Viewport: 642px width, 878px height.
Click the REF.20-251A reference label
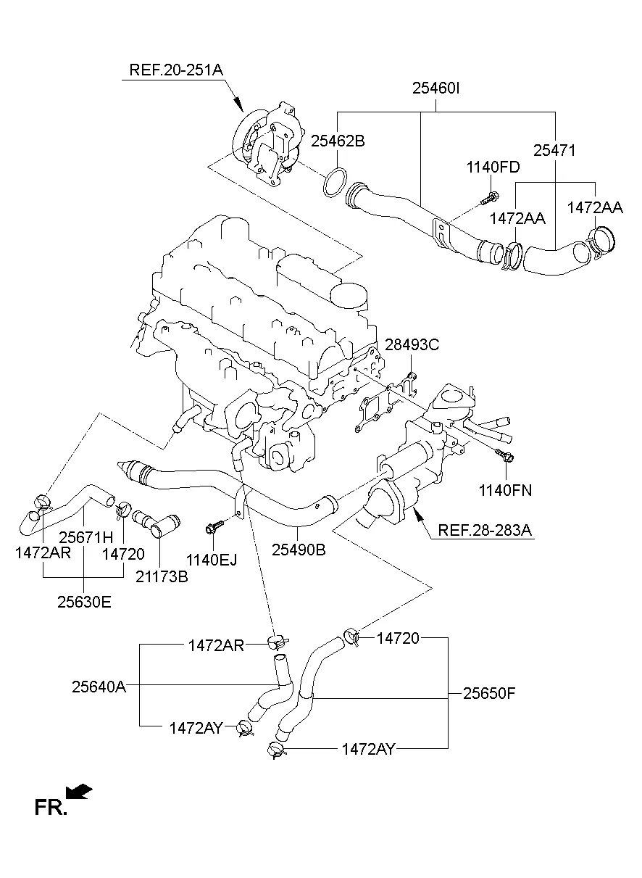pyautogui.click(x=176, y=70)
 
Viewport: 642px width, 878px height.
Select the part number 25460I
pyautogui.click(x=437, y=89)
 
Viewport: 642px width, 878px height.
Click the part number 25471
pyautogui.click(x=554, y=151)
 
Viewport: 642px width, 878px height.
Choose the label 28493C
pyautogui.click(x=412, y=345)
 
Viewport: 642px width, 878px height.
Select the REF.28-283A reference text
pyautogui.click(x=485, y=531)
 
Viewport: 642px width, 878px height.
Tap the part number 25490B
pyautogui.click(x=299, y=550)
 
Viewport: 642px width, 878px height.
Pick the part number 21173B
pyautogui.click(x=162, y=577)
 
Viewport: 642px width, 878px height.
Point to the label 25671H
pyautogui.click(x=86, y=537)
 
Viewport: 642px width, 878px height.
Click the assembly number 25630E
pyautogui.click(x=85, y=602)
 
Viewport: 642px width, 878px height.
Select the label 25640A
pyautogui.click(x=99, y=686)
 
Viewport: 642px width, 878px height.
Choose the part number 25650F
pyautogui.click(x=489, y=693)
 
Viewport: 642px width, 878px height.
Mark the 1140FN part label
pyautogui.click(x=505, y=491)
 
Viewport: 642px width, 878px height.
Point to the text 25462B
pyautogui.click(x=338, y=141)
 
